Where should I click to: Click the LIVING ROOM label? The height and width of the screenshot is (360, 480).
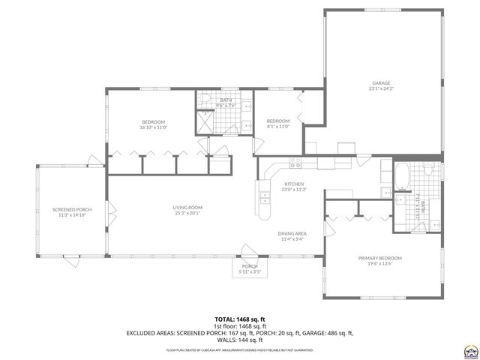(187, 208)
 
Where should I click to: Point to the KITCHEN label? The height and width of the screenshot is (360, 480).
(293, 184)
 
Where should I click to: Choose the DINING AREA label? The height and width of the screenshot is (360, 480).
(293, 234)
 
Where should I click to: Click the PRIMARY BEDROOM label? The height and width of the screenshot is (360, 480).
(379, 257)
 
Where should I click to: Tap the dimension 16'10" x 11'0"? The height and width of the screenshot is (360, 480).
(154, 127)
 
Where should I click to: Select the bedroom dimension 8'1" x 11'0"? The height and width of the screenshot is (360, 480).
(277, 127)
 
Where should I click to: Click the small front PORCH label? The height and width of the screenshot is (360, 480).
(249, 266)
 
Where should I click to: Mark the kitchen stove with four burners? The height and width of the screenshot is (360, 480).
(295, 162)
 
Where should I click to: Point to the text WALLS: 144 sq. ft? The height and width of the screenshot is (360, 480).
(240, 339)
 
